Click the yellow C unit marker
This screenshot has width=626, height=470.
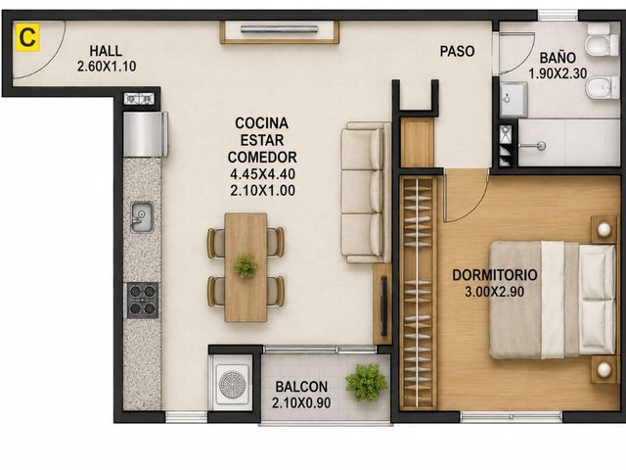click(x=27, y=37)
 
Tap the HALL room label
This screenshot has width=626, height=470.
click(x=106, y=51)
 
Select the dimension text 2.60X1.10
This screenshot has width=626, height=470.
click(x=107, y=66)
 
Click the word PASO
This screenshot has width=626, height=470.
click(x=457, y=51)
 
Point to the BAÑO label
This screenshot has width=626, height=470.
click(x=558, y=58)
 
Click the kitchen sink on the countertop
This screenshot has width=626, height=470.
click(x=142, y=217)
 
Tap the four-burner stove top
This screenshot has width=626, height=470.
click(x=143, y=301)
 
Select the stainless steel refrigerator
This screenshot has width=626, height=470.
click(x=146, y=134)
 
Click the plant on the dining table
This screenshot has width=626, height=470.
click(x=246, y=266)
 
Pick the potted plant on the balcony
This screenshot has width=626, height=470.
click(x=366, y=382)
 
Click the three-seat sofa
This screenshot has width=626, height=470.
click(x=366, y=193)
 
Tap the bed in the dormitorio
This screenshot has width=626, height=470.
click(x=553, y=300)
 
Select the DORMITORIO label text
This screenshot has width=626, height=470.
click(x=495, y=275)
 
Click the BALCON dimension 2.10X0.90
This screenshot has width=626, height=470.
click(x=301, y=402)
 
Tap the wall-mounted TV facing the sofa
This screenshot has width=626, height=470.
click(x=384, y=305)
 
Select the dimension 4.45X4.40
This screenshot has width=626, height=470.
click(x=263, y=174)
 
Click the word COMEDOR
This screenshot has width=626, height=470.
click(x=262, y=157)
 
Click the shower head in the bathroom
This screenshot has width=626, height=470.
click(x=541, y=146)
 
